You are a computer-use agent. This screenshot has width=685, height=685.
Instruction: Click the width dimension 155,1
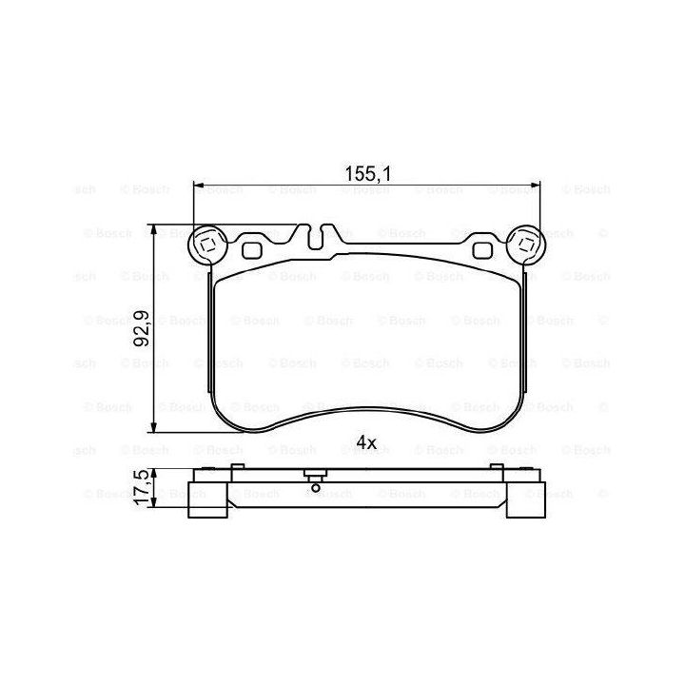click(367, 174)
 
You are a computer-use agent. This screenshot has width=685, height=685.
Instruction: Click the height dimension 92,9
click(142, 328)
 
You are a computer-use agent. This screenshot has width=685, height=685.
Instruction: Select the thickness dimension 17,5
click(142, 487)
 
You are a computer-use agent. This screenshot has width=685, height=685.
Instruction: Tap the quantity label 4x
click(366, 442)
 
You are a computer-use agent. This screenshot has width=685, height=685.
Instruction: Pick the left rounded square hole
click(251, 250)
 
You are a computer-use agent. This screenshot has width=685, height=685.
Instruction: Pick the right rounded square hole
click(482, 250)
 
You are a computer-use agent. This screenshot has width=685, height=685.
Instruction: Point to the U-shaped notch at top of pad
click(315, 238)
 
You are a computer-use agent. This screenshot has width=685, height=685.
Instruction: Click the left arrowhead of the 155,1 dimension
click(199, 185)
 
